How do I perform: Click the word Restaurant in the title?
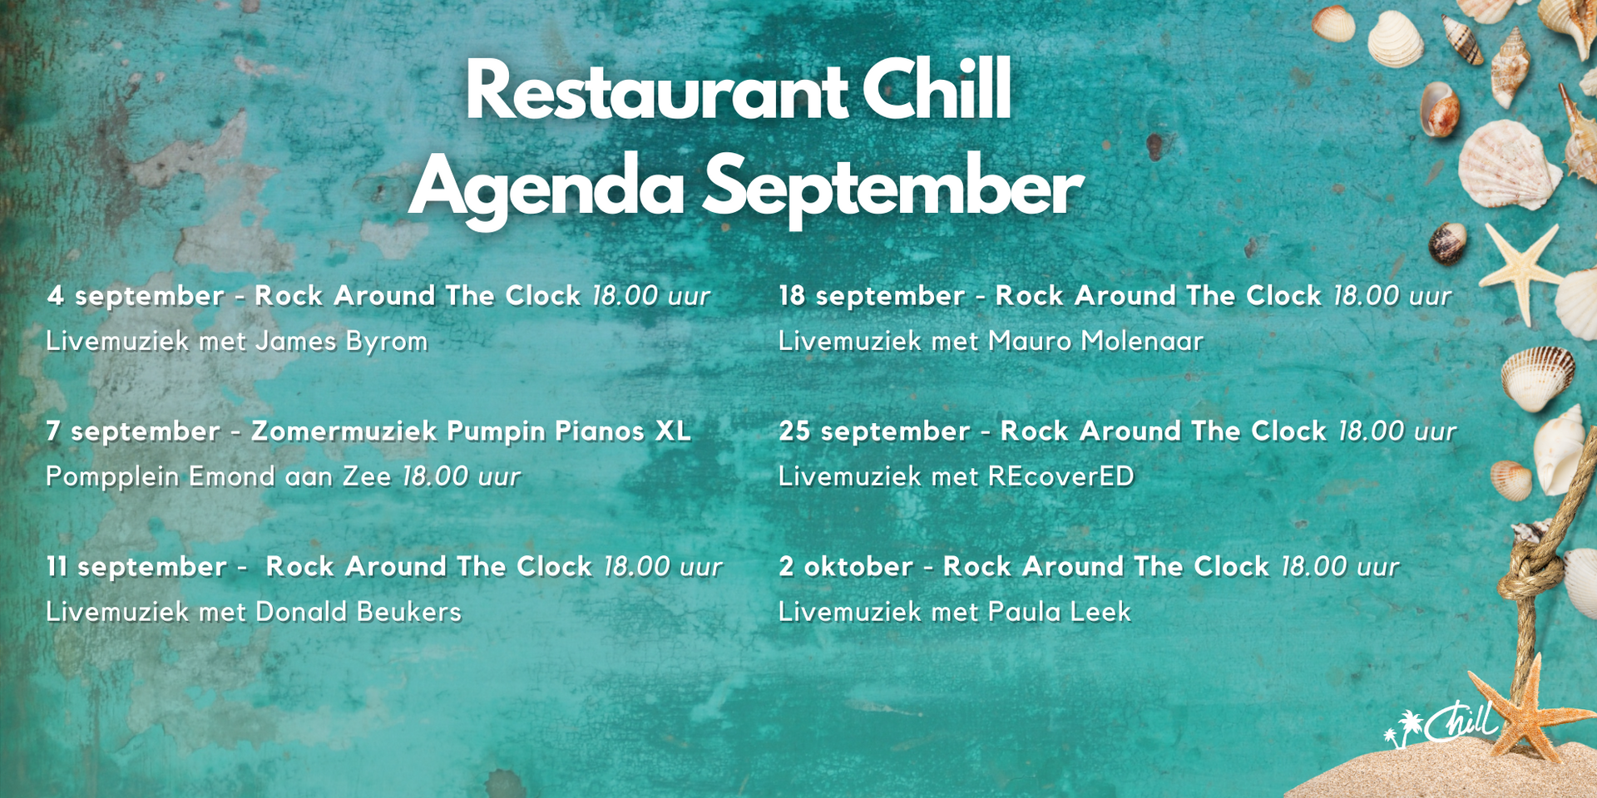(x=657, y=91)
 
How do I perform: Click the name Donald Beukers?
(x=358, y=612)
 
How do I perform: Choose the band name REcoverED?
(x=1061, y=476)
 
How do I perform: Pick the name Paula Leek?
(x=1060, y=612)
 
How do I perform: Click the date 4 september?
(x=136, y=296)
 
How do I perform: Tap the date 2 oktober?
(x=846, y=567)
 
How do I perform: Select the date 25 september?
(x=874, y=431)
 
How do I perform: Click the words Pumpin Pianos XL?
(x=569, y=431)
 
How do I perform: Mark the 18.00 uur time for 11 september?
(x=663, y=567)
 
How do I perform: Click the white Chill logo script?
(x=1461, y=722)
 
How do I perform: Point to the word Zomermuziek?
(x=344, y=431)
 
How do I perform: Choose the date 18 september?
(x=872, y=296)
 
